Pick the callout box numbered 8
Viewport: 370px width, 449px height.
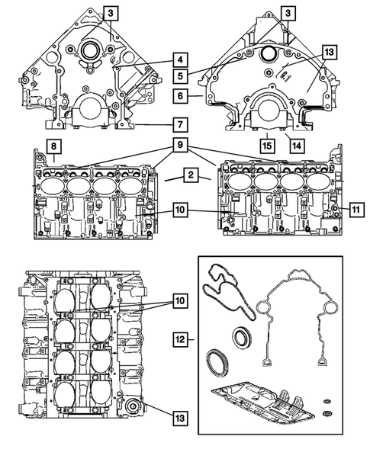click(x=53, y=146)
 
